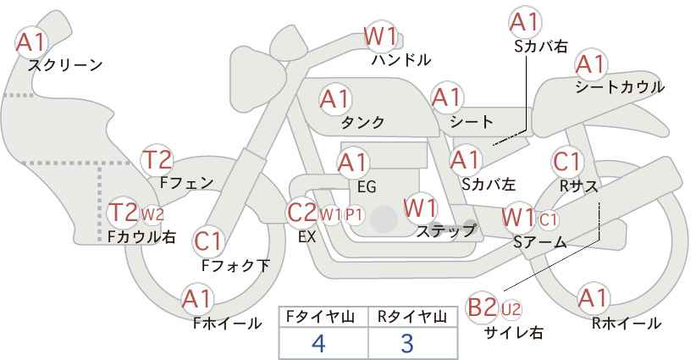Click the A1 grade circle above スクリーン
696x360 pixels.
[x=33, y=42]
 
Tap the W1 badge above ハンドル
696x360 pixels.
[x=381, y=36]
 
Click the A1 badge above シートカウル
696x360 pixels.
[x=591, y=64]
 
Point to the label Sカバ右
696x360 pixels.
[x=540, y=47]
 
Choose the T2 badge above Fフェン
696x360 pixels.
[x=157, y=159]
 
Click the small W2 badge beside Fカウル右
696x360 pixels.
[x=152, y=213]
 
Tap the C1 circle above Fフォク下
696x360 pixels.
[x=208, y=242]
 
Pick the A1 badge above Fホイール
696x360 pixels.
[x=198, y=299]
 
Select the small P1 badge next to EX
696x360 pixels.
[x=354, y=214]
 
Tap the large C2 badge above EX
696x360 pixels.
[x=301, y=213]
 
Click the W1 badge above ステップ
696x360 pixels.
[x=420, y=207]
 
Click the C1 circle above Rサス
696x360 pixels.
[x=566, y=161]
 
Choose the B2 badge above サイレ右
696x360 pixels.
[x=483, y=307]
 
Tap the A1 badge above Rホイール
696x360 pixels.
[x=593, y=299]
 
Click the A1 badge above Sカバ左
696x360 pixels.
[x=465, y=158]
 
